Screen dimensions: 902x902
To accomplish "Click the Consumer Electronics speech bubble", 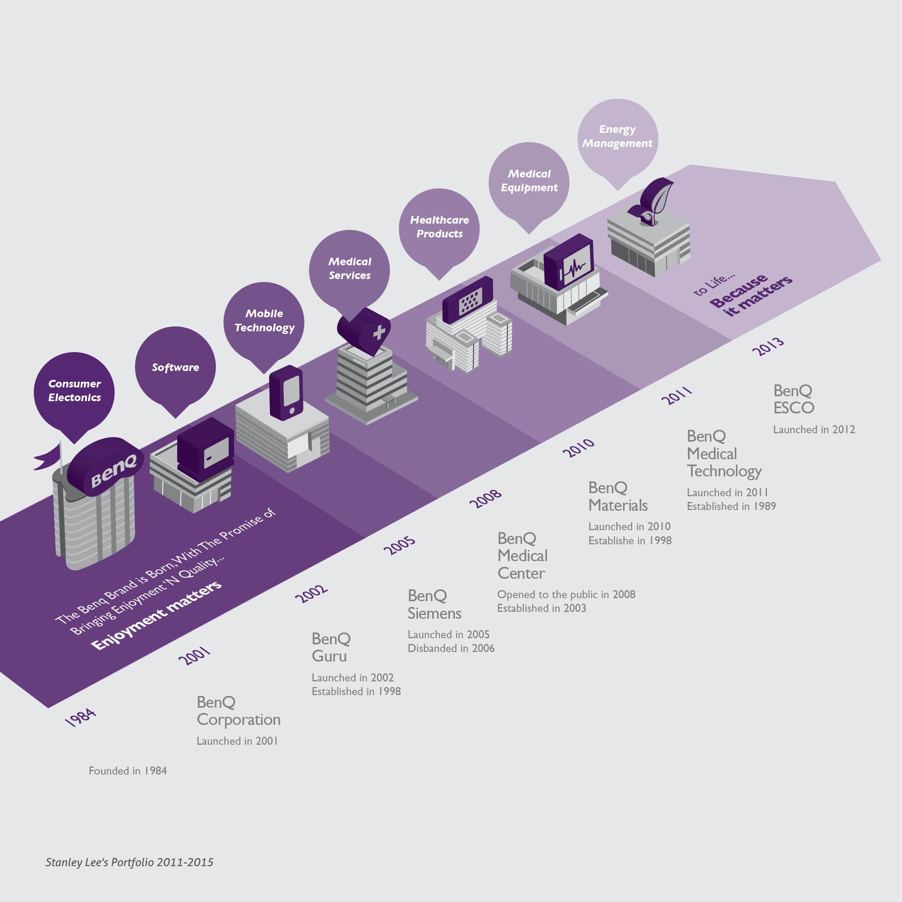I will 74,391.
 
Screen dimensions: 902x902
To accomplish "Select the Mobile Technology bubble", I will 264,321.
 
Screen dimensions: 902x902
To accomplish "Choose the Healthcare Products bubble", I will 439,228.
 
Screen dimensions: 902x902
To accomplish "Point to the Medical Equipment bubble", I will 529,181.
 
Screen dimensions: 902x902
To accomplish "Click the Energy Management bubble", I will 617,137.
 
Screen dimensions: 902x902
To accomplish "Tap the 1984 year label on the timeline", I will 80,716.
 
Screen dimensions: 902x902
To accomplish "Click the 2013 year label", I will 768,347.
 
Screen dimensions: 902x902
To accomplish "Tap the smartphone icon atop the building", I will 287,393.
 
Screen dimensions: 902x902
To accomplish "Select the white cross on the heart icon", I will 379,332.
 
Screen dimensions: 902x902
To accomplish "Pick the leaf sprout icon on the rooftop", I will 654,201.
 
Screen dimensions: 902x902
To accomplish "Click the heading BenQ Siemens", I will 434,605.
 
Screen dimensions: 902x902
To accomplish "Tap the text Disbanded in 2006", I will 451,649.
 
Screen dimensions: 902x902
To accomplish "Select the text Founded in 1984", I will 127,771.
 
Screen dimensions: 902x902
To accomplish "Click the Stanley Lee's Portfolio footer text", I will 129,862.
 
